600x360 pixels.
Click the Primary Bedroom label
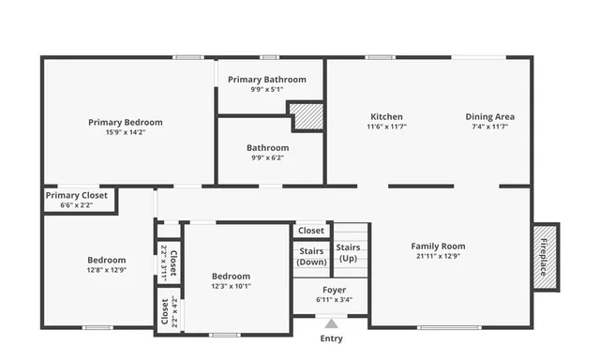click(x=125, y=122)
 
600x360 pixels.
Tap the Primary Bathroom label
click(x=266, y=80)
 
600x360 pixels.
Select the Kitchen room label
click(x=385, y=117)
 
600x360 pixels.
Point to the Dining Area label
click(x=489, y=117)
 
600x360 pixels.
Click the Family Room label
click(x=438, y=247)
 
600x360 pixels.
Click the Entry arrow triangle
click(x=331, y=323)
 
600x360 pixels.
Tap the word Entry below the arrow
click(x=331, y=338)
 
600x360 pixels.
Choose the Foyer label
click(x=334, y=290)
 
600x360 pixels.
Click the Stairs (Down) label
click(x=311, y=256)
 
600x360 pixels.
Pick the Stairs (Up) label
click(x=348, y=252)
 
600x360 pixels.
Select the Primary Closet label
click(x=77, y=195)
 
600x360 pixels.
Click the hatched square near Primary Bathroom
click(x=306, y=115)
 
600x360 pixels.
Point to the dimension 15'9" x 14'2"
click(x=125, y=132)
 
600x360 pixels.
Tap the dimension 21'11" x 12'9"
click(x=438, y=257)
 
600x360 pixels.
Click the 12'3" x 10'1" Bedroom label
click(x=230, y=276)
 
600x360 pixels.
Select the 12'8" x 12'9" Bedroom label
click(x=107, y=260)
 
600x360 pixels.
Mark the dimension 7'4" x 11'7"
click(x=489, y=127)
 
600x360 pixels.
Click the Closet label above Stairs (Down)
click(x=311, y=231)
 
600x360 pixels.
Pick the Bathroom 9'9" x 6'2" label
click(x=267, y=147)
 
